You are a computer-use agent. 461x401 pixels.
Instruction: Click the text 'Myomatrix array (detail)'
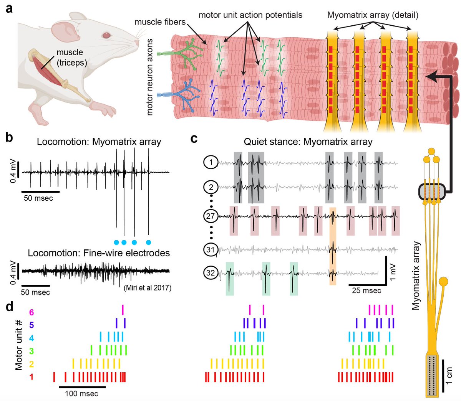[x=373, y=15]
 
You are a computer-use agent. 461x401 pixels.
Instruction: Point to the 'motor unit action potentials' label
[x=250, y=15]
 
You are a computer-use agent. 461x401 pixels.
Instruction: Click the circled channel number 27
[x=211, y=216]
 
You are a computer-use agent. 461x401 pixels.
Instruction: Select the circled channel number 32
[x=211, y=273]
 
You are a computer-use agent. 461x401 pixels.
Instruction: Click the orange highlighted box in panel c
[x=333, y=246]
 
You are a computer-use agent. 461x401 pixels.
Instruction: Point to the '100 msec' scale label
[x=81, y=394]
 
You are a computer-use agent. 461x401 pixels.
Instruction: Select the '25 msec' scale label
[x=366, y=290]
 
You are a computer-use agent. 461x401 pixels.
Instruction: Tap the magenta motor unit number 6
[x=32, y=312]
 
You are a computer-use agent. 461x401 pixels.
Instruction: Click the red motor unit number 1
[x=32, y=377]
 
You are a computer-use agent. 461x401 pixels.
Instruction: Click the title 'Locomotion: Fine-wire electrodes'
[x=99, y=253]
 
